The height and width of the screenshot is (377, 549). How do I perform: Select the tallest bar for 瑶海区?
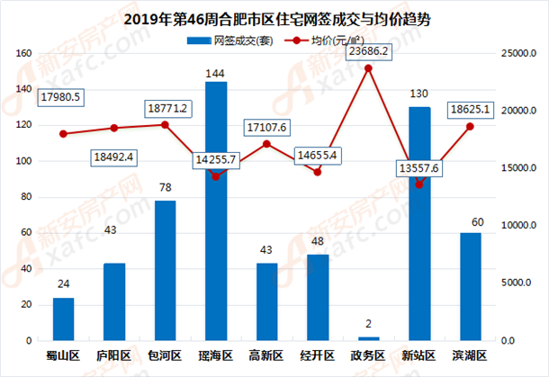tap(216, 211)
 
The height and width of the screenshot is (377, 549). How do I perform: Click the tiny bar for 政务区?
tap(369, 338)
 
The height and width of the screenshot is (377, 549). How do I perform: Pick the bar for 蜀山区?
tap(63, 319)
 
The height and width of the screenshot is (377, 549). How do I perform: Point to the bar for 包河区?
tap(165, 270)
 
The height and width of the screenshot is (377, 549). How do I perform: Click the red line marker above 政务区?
tap(368, 68)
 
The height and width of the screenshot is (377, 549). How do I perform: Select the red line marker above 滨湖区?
tap(470, 126)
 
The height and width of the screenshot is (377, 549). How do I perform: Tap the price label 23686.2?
tap(369, 52)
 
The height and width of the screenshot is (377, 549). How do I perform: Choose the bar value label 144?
tap(216, 72)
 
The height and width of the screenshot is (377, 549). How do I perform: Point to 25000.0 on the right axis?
tap(518, 54)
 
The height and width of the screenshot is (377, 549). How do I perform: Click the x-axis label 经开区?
tap(318, 355)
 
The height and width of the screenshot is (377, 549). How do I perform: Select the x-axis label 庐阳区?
tap(114, 355)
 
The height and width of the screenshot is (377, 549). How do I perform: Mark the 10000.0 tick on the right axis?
tap(518, 226)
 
